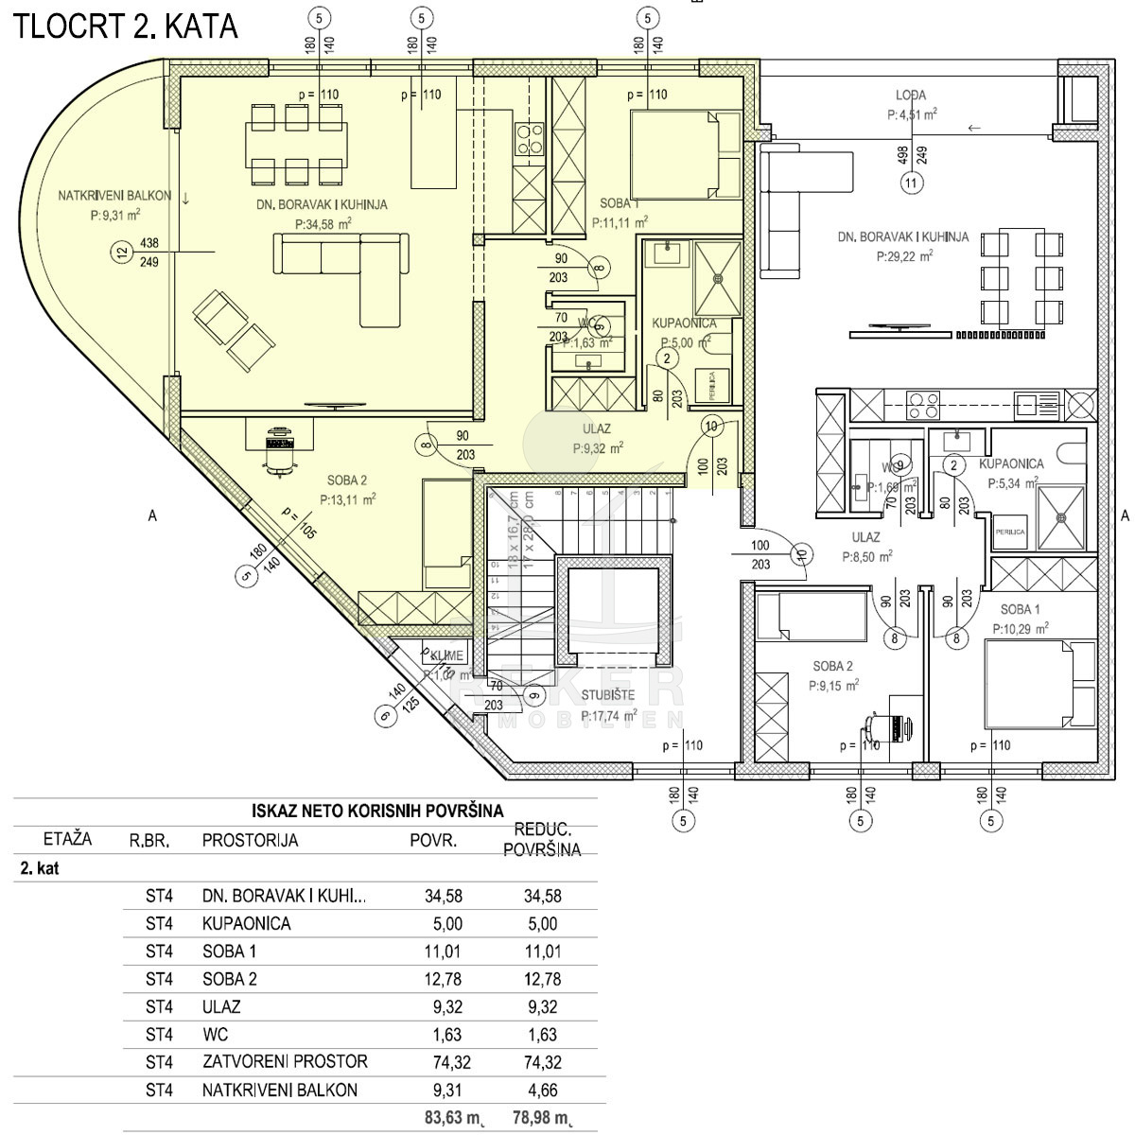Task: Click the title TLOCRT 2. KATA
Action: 125,26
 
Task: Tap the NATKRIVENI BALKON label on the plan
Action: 114,197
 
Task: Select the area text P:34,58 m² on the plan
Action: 323,224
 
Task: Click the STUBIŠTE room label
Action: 609,700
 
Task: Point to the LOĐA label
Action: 911,96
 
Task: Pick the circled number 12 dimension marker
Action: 120,252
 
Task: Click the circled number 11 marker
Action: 911,184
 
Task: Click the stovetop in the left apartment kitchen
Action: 529,139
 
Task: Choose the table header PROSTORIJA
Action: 250,840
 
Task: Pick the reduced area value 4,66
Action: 541,1090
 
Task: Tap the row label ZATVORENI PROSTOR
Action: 285,1062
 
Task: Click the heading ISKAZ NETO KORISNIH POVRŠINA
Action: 377,811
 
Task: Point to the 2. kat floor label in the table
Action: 39,868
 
